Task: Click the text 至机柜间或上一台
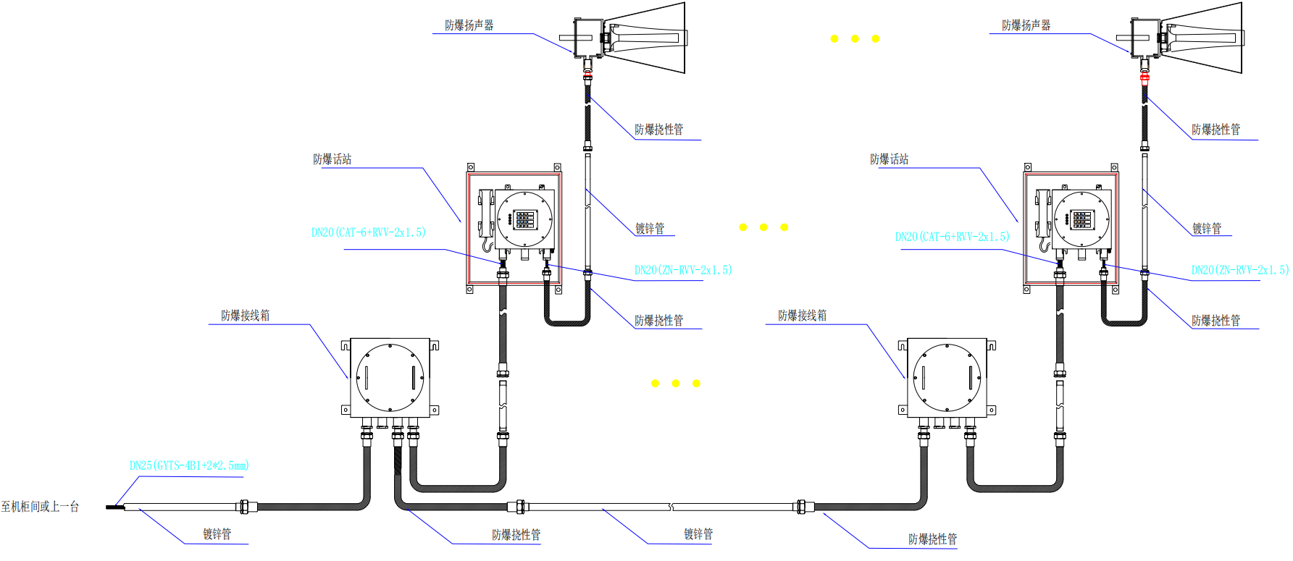pyautogui.click(x=40, y=507)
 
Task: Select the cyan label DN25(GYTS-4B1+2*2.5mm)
pyautogui.click(x=189, y=465)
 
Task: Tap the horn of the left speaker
pyautogui.click(x=648, y=37)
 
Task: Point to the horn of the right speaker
pyautogui.click(x=1205, y=37)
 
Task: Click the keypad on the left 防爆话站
pyautogui.click(x=524, y=219)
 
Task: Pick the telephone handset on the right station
pyautogui.click(x=1042, y=214)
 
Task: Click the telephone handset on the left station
pyautogui.click(x=485, y=214)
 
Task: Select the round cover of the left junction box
pyautogui.click(x=390, y=377)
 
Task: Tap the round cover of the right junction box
pyautogui.click(x=947, y=377)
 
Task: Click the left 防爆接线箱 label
pyautogui.click(x=245, y=316)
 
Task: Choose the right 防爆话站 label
pyautogui.click(x=889, y=159)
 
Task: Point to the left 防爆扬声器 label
pyautogui.click(x=469, y=25)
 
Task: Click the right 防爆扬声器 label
pyautogui.click(x=1026, y=25)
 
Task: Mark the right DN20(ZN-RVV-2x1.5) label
pyautogui.click(x=1240, y=270)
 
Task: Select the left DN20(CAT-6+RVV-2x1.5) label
pyautogui.click(x=369, y=232)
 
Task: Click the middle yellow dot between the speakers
pyautogui.click(x=855, y=38)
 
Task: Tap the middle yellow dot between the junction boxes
pyautogui.click(x=675, y=383)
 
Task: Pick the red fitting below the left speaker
pyautogui.click(x=587, y=75)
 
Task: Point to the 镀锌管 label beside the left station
pyautogui.click(x=650, y=229)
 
